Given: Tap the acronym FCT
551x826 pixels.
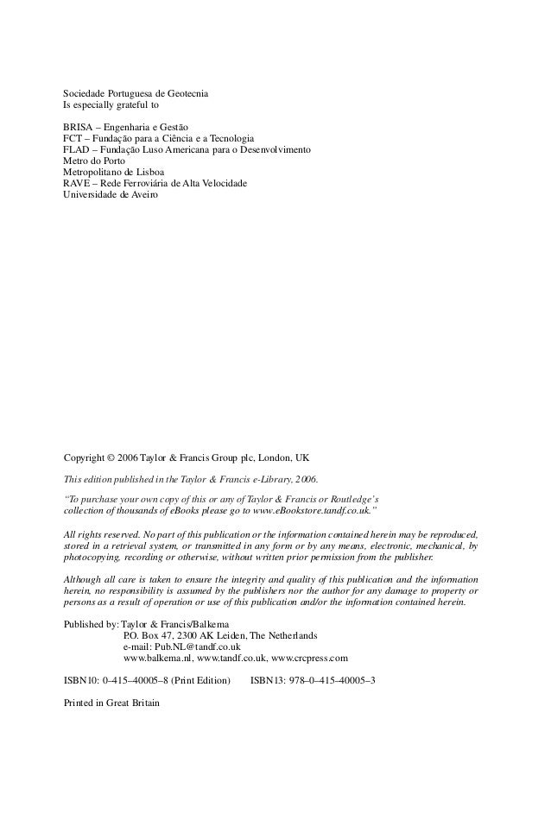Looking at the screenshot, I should (x=75, y=138).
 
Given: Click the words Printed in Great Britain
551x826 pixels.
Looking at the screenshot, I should (x=112, y=703).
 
